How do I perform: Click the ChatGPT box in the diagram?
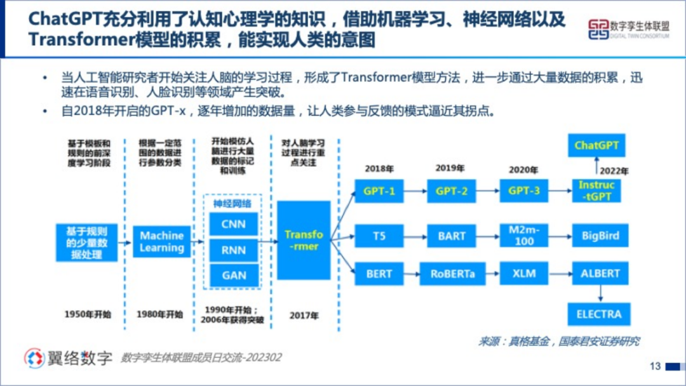(596, 145)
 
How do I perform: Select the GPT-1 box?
(379, 191)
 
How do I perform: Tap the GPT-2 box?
(452, 191)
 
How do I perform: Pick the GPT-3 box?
(523, 191)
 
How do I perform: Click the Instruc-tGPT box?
(596, 190)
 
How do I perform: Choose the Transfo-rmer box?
(304, 239)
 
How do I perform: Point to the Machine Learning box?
(161, 242)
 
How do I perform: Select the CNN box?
(234, 224)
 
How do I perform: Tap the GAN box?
(234, 275)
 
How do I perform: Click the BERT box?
(379, 274)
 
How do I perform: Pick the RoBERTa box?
(452, 274)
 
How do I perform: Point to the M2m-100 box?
(523, 236)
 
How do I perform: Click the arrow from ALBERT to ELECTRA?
(599, 293)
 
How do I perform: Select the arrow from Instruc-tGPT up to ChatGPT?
(596, 166)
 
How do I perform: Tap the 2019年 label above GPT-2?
(450, 168)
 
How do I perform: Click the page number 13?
(656, 366)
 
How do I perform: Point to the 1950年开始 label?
(88, 314)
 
